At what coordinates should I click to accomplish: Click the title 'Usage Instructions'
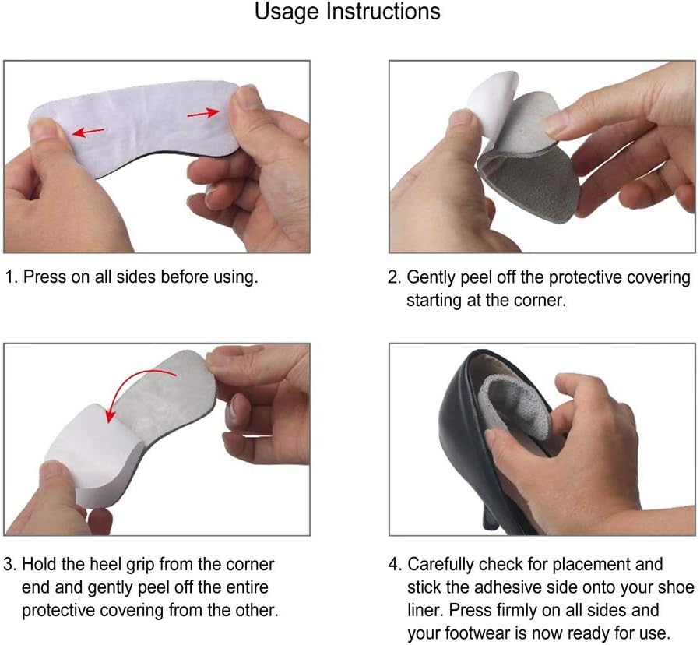point(347,12)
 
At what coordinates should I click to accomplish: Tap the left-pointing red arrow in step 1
point(88,132)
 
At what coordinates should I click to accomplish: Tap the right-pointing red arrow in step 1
point(203,114)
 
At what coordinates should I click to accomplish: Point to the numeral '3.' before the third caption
point(10,565)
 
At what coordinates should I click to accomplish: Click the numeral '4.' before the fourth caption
point(395,565)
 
